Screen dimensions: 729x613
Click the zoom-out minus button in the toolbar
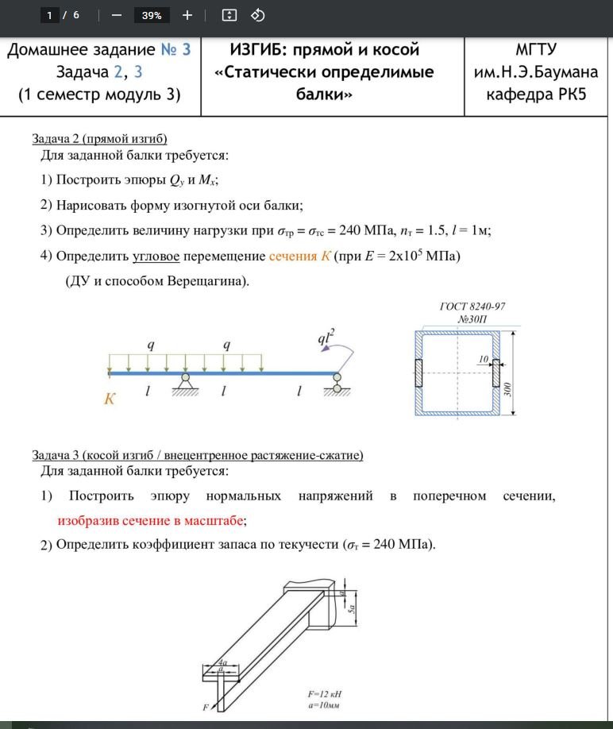(116, 15)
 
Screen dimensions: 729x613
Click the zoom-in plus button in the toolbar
(187, 15)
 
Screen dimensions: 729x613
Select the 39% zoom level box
(152, 15)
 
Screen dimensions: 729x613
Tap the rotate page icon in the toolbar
(257, 15)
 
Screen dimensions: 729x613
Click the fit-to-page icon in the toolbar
(229, 15)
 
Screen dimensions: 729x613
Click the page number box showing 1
(50, 15)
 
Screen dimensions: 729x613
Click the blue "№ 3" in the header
(175, 50)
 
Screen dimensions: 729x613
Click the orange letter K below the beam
(110, 399)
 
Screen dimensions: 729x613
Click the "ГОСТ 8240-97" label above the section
(472, 307)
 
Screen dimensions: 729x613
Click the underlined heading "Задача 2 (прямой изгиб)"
(99, 138)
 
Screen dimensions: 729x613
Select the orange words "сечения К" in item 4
(299, 256)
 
